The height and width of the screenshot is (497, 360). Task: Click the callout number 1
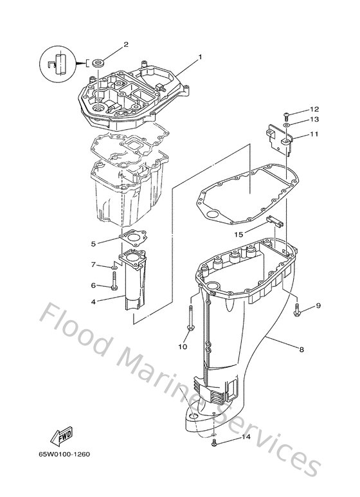(x=200, y=57)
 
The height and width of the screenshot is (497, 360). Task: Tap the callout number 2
(x=125, y=44)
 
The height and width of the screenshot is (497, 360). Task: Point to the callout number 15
(x=239, y=235)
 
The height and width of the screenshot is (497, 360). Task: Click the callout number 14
(x=246, y=438)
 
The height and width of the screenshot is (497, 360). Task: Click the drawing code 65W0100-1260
(x=66, y=455)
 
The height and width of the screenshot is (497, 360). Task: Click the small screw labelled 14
(x=214, y=444)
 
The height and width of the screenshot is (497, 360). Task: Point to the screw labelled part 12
(x=287, y=114)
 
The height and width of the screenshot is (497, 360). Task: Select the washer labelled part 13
(x=287, y=123)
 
